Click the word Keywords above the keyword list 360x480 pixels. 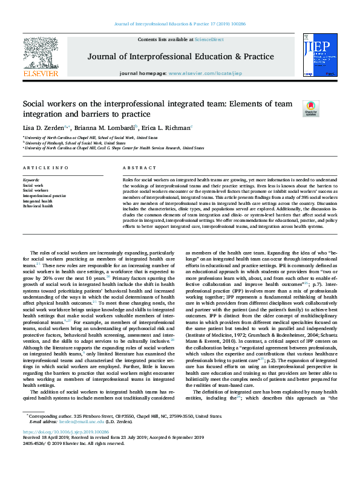(31, 180)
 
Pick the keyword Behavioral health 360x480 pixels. (38, 206)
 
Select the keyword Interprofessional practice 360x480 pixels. (44, 196)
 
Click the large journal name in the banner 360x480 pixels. (180, 57)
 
